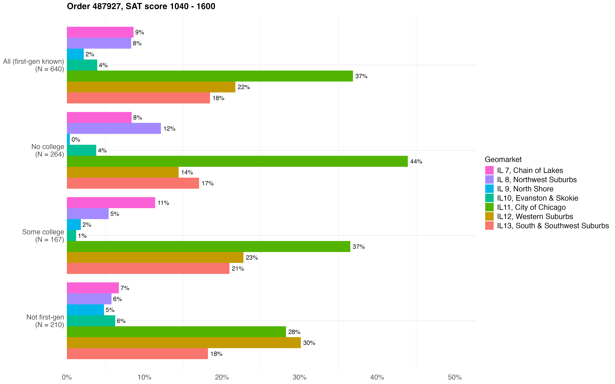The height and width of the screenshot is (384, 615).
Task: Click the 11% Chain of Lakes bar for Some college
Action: pyautogui.click(x=111, y=203)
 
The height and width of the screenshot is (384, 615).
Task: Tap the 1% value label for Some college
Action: pyautogui.click(x=82, y=236)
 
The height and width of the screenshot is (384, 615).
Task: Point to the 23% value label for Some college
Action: pyautogui.click(x=252, y=258)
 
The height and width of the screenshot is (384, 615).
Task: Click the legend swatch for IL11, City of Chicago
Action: pyautogui.click(x=489, y=207)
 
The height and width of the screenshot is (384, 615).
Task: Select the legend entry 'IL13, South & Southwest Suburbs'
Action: pyautogui.click(x=553, y=226)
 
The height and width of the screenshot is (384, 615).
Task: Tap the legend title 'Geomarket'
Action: pyautogui.click(x=503, y=159)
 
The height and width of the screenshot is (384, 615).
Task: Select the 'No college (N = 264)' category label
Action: pyautogui.click(x=48, y=150)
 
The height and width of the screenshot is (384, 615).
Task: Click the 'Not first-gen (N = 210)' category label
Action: pyautogui.click(x=45, y=321)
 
